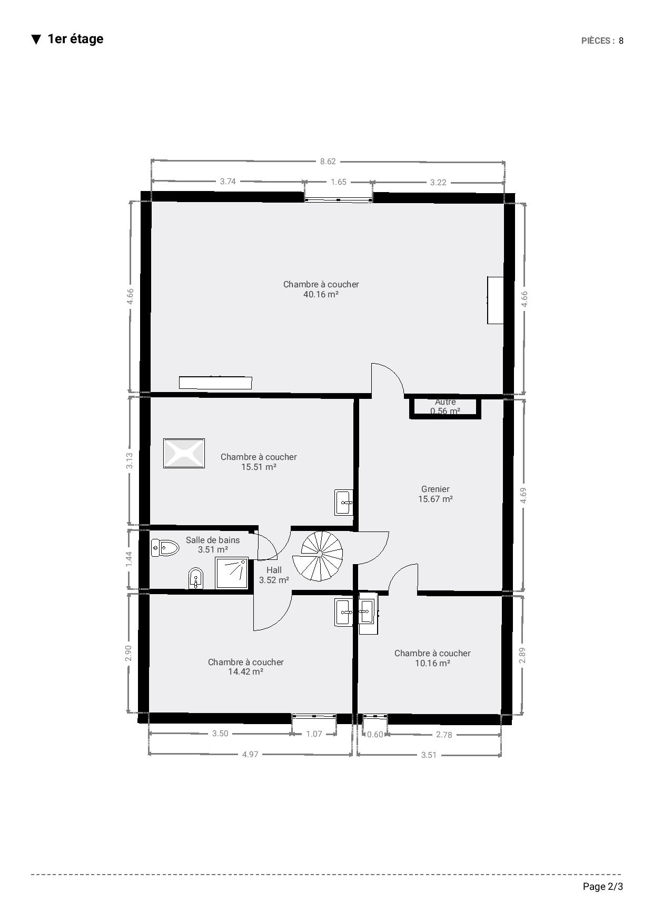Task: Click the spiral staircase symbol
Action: (x=321, y=556)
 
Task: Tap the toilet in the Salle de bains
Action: (x=165, y=548)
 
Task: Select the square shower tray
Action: (x=232, y=573)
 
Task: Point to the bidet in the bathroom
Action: (x=196, y=579)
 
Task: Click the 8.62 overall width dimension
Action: (x=328, y=162)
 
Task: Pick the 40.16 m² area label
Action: (x=321, y=295)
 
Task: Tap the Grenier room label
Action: (x=436, y=489)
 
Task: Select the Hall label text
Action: (x=274, y=570)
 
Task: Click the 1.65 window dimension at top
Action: (x=338, y=182)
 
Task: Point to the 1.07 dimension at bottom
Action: (x=314, y=734)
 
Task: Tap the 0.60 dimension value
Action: (x=375, y=735)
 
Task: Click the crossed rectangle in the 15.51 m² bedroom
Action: (x=184, y=454)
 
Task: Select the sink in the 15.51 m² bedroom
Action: (x=343, y=503)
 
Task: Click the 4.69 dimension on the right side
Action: (x=523, y=495)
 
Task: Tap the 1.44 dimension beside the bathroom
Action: (x=129, y=559)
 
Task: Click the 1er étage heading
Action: (x=75, y=39)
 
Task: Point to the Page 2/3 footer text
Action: (x=603, y=887)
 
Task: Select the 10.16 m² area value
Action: (x=432, y=664)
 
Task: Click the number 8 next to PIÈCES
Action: (x=621, y=41)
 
